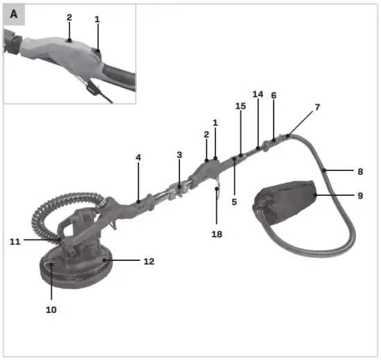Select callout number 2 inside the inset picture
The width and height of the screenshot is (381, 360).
pos(69,17)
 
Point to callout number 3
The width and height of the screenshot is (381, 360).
pos(179,155)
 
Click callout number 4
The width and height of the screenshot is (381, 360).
pos(138,158)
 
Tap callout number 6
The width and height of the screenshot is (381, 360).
pos(274,96)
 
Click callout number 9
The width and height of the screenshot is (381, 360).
pos(360,196)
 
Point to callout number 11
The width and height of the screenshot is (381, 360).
pos(15,241)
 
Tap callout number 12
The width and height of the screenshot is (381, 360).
pos(148,262)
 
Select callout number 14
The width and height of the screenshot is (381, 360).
pos(258,93)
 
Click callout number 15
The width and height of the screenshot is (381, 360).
pos(240,107)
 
